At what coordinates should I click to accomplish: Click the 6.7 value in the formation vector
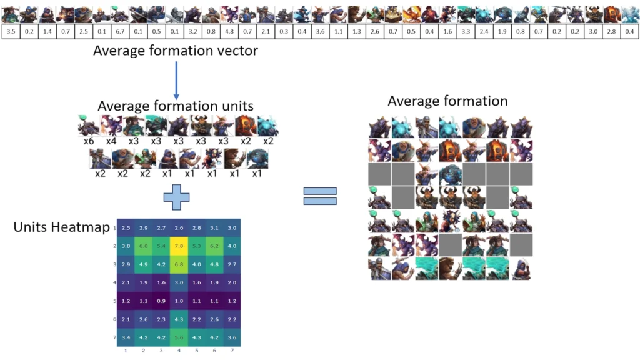120,31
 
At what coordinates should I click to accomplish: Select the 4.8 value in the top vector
229,31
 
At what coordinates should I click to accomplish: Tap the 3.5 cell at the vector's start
11,31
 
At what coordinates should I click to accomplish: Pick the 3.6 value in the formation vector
321,31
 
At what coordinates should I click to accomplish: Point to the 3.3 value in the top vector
466,31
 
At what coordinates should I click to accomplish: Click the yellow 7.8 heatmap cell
179,246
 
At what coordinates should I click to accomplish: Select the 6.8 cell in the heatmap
179,264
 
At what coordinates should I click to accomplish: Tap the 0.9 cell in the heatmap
161,301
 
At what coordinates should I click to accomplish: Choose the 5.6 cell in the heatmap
179,337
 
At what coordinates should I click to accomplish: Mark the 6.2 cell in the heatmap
214,246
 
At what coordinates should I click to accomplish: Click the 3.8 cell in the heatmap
126,246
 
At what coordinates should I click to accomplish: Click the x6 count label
89,141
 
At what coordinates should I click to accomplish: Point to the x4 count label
111,141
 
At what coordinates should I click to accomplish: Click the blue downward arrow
176,81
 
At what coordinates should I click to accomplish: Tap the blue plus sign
176,197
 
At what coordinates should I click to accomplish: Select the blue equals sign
320,196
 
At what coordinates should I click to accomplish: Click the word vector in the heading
238,51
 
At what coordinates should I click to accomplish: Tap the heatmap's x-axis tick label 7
232,351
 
